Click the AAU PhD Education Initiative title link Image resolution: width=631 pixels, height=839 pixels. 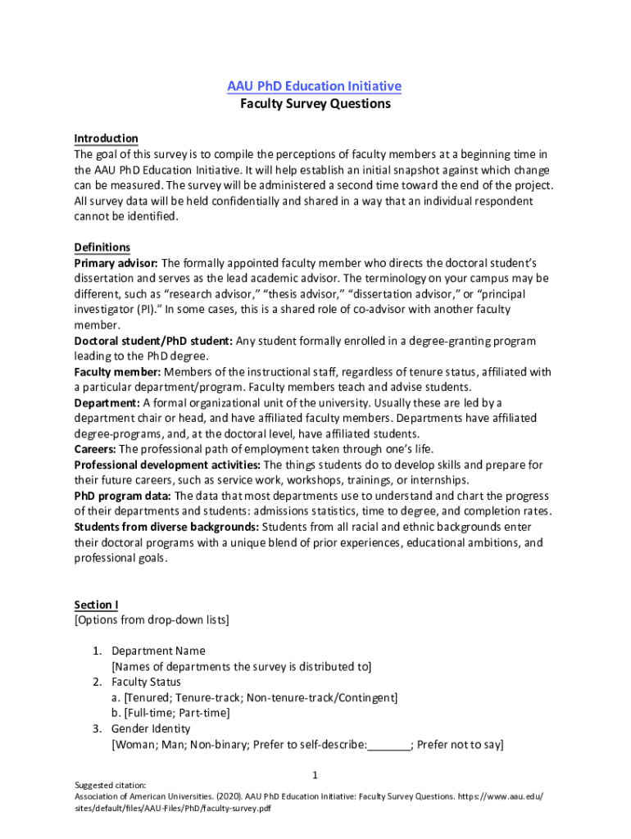(315, 86)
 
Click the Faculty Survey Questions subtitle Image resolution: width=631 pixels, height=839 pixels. (315, 104)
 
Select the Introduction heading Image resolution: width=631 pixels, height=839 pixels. (106, 138)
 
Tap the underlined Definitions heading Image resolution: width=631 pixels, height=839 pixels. (102, 247)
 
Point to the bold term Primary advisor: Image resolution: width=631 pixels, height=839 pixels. (116, 263)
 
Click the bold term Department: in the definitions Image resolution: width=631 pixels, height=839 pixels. (107, 403)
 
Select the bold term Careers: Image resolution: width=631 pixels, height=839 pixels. (96, 449)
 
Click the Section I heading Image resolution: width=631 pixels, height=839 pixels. (96, 605)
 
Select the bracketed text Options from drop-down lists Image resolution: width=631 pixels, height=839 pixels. (152, 620)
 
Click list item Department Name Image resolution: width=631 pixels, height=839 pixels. (158, 651)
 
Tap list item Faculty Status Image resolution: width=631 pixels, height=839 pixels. (146, 683)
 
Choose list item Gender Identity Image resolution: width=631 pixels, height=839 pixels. (151, 729)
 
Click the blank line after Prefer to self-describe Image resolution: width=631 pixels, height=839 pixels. (388, 746)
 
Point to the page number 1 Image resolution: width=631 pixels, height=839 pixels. (315, 775)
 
